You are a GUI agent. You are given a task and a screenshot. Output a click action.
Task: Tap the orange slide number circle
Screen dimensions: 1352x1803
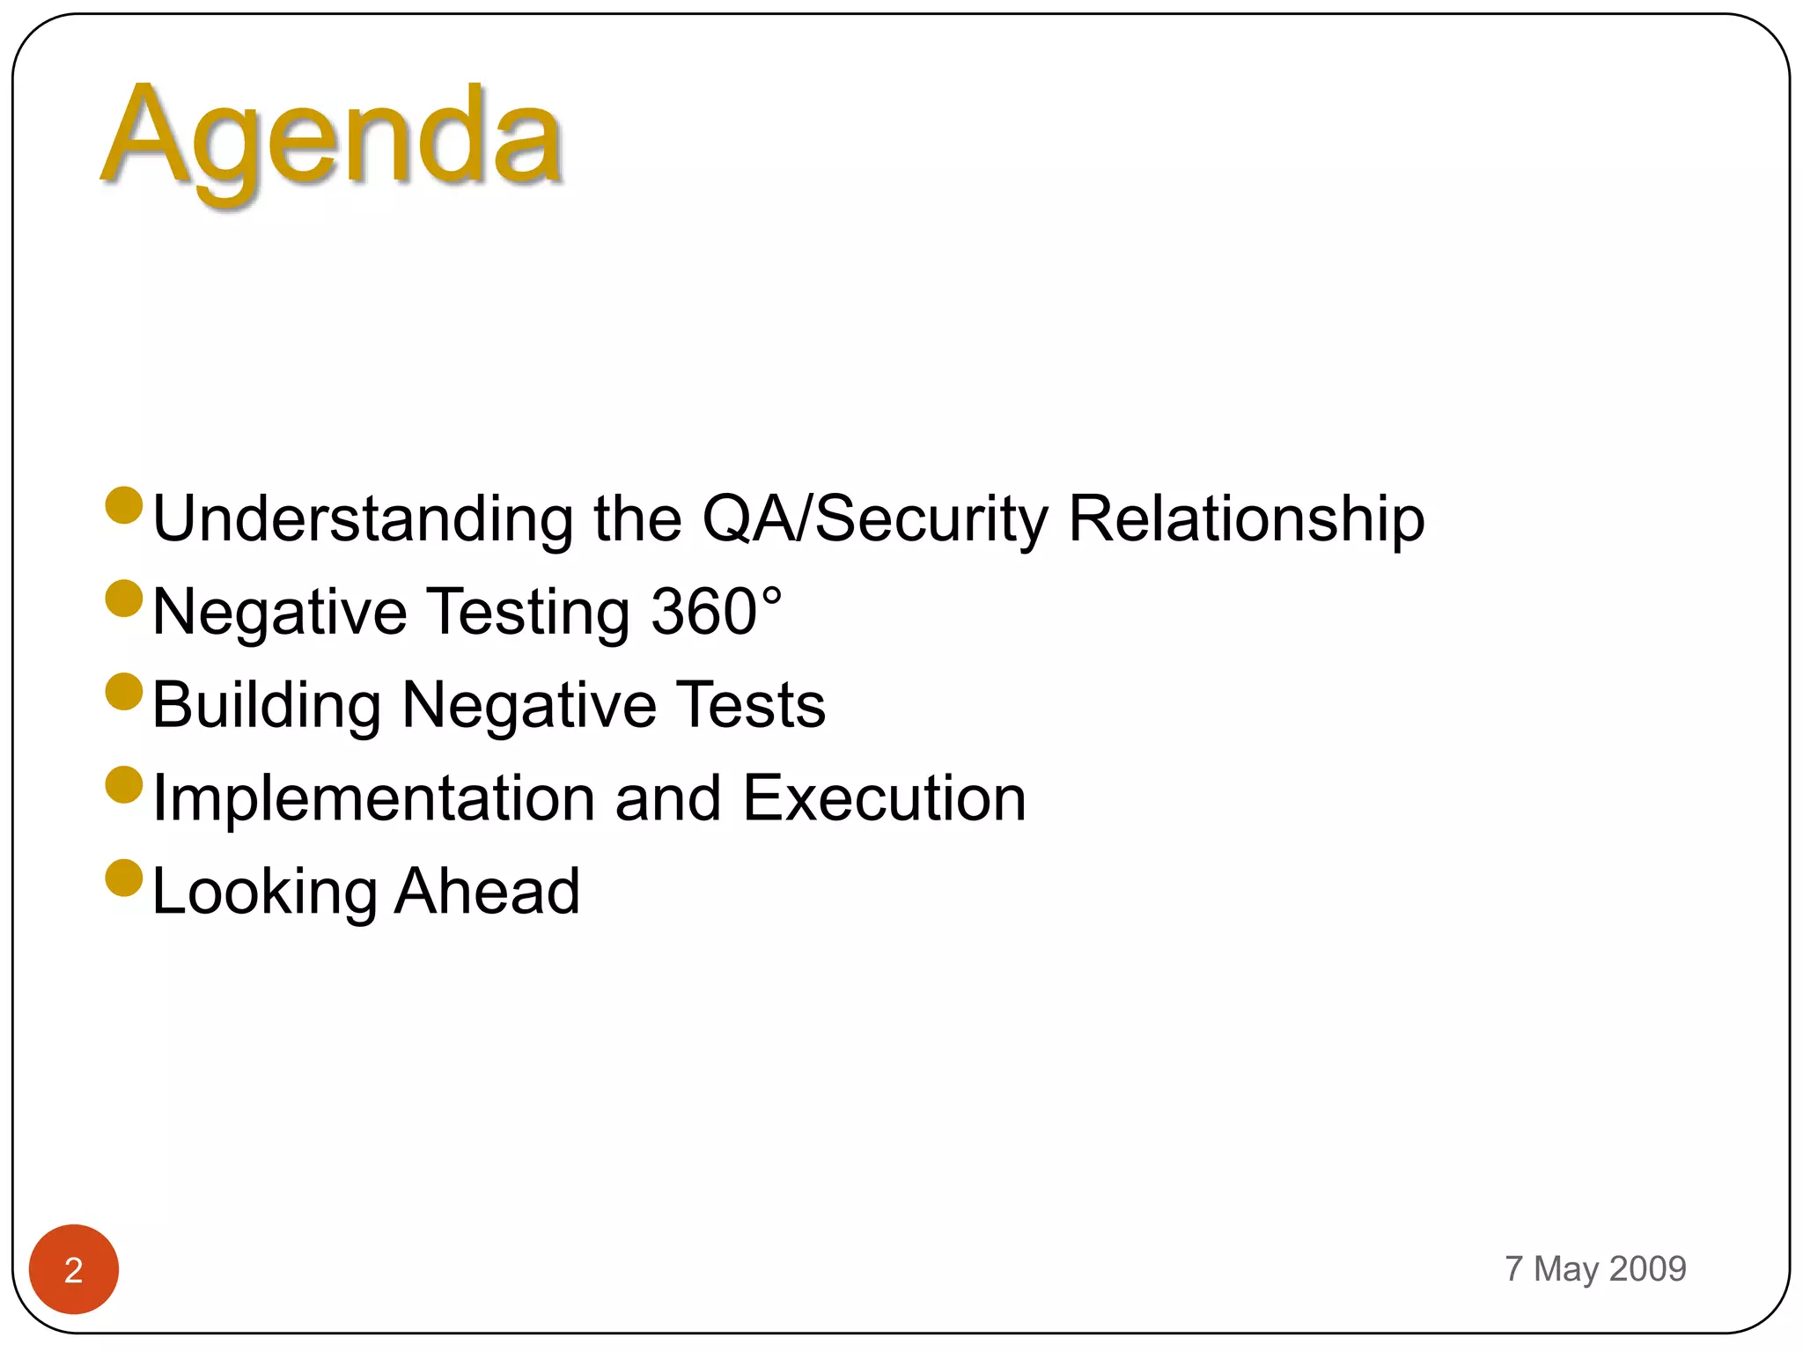coord(74,1269)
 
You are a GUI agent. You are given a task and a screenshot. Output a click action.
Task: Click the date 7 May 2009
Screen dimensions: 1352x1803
coord(1595,1268)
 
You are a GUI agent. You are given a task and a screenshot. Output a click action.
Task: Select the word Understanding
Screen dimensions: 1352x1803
coord(363,518)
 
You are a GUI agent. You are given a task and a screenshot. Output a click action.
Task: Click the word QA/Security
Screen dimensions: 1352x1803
coord(875,518)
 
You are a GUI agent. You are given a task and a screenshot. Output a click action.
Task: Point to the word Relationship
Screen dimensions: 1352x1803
coord(1246,518)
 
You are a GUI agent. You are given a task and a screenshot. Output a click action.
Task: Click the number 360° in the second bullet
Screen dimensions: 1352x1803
coord(715,611)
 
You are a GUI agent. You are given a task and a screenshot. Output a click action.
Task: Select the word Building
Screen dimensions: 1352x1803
coord(267,705)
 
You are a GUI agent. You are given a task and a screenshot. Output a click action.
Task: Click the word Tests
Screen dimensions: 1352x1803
coord(754,705)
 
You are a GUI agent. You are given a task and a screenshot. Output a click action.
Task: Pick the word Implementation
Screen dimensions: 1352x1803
coord(373,798)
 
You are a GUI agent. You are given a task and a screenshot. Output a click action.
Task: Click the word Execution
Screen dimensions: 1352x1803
coord(884,798)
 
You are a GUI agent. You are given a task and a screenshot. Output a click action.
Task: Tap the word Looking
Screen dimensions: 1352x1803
coord(264,892)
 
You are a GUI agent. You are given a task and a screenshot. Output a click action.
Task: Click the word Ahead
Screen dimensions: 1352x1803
coord(487,892)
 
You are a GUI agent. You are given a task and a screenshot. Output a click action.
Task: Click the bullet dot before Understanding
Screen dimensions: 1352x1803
coord(124,505)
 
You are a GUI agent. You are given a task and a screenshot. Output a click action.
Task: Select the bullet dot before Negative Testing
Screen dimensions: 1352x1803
coord(124,599)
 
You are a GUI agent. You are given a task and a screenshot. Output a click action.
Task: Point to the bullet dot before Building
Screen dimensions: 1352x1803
coord(124,692)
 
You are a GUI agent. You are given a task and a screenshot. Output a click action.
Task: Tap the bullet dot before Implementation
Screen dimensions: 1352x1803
coord(124,785)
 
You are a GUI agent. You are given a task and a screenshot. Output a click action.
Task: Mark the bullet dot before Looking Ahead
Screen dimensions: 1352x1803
coord(124,878)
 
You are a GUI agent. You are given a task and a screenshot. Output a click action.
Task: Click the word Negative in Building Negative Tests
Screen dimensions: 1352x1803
coord(528,705)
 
